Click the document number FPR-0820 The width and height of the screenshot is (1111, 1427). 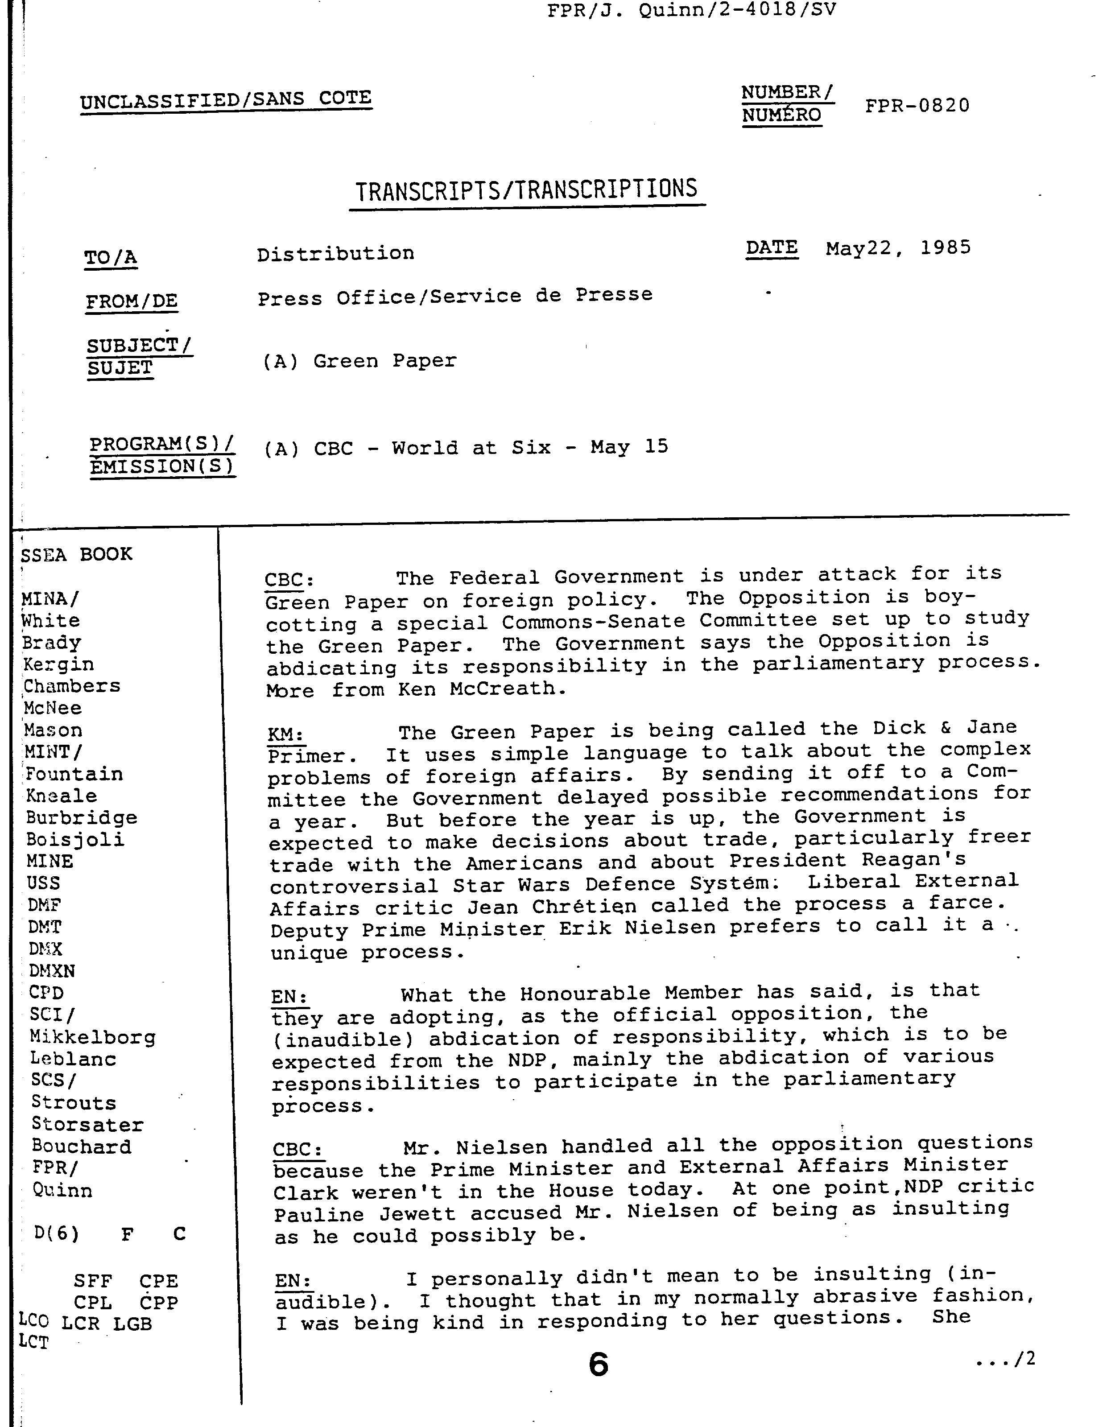917,106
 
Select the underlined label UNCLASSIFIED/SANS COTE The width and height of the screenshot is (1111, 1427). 226,100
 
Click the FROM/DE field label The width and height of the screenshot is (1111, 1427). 132,301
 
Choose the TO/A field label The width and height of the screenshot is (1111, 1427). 111,257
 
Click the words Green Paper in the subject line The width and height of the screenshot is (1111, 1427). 384,361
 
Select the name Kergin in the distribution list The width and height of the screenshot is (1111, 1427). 59,664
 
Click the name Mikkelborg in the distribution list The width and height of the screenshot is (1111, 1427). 93,1038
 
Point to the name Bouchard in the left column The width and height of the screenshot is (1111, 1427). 81,1147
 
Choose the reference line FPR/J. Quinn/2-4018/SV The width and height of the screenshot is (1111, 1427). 691,10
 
